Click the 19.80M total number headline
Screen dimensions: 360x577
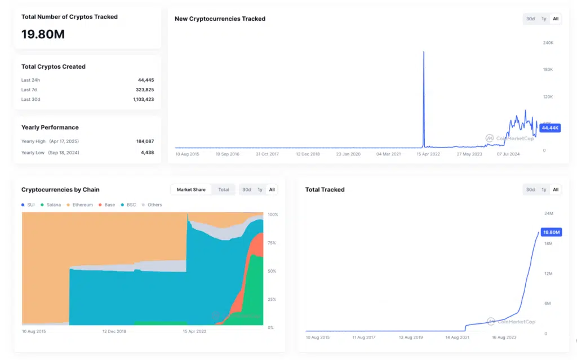tap(43, 34)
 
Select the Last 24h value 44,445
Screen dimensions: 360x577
tap(146, 80)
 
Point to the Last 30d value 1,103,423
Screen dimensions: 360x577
tap(142, 99)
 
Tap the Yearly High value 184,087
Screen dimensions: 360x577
tap(145, 141)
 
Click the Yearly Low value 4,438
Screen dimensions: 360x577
tap(148, 153)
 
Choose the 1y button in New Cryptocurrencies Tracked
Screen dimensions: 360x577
tap(544, 19)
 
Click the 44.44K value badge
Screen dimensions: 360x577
tap(549, 128)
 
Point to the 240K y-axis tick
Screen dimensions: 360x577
tap(548, 43)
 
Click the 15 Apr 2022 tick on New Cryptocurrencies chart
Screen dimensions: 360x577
tap(428, 154)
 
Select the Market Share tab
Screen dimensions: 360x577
tap(191, 190)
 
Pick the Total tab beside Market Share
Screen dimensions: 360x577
tap(224, 190)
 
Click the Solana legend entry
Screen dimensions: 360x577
tap(51, 205)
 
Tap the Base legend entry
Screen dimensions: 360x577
tap(106, 205)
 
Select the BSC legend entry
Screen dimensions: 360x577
tap(128, 205)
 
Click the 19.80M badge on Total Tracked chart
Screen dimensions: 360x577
tap(551, 232)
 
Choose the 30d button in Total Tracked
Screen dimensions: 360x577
tap(530, 190)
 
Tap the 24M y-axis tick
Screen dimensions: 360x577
tap(549, 214)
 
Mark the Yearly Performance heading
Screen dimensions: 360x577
tap(50, 127)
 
